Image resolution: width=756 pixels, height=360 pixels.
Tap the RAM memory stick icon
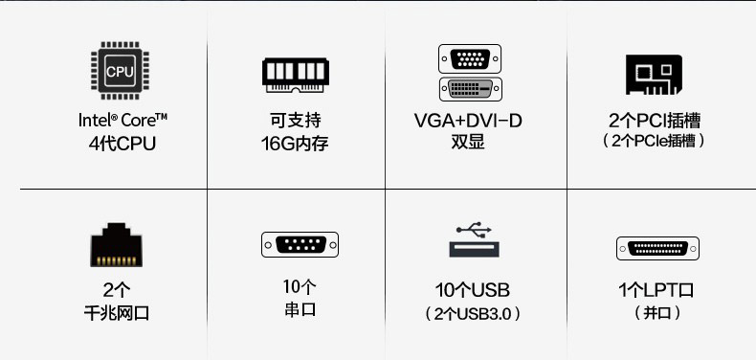click(295, 74)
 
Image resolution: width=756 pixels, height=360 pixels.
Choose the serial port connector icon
click(300, 245)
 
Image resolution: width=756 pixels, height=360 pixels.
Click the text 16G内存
click(295, 145)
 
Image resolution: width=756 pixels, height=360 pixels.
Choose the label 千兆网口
click(117, 313)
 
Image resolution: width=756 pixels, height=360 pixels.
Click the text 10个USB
click(472, 290)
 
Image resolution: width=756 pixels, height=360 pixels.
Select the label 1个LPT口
click(656, 290)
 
